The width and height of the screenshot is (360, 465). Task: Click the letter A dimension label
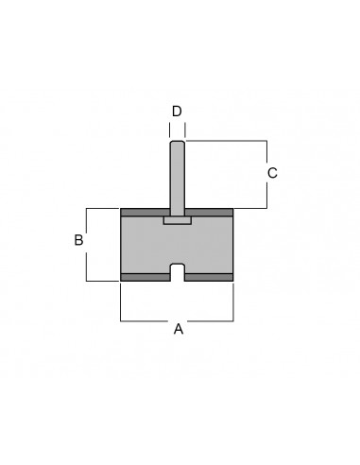179,329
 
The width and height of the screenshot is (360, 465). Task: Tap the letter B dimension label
78,240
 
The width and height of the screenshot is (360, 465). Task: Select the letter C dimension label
272,173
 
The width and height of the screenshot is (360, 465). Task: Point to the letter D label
177,112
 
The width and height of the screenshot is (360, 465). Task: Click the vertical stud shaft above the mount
177,179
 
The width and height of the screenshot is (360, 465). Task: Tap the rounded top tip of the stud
177,143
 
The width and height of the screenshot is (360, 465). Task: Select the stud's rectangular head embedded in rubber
178,220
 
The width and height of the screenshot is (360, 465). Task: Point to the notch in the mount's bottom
178,272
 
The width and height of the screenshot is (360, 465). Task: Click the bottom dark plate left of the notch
146,277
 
